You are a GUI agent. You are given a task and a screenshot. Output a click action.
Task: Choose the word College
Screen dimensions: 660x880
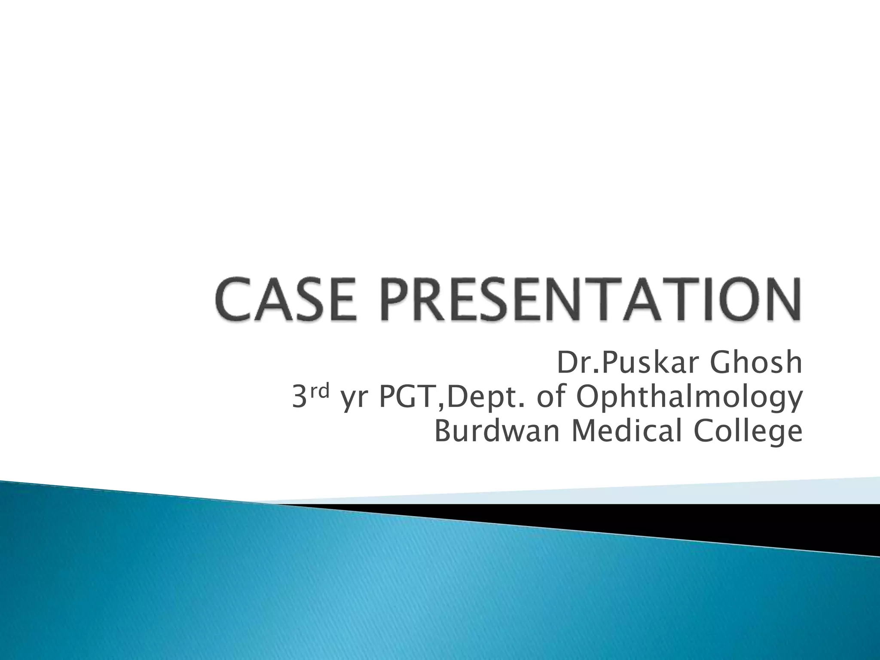point(748,432)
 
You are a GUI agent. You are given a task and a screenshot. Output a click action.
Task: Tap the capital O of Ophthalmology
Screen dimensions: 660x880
point(588,398)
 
